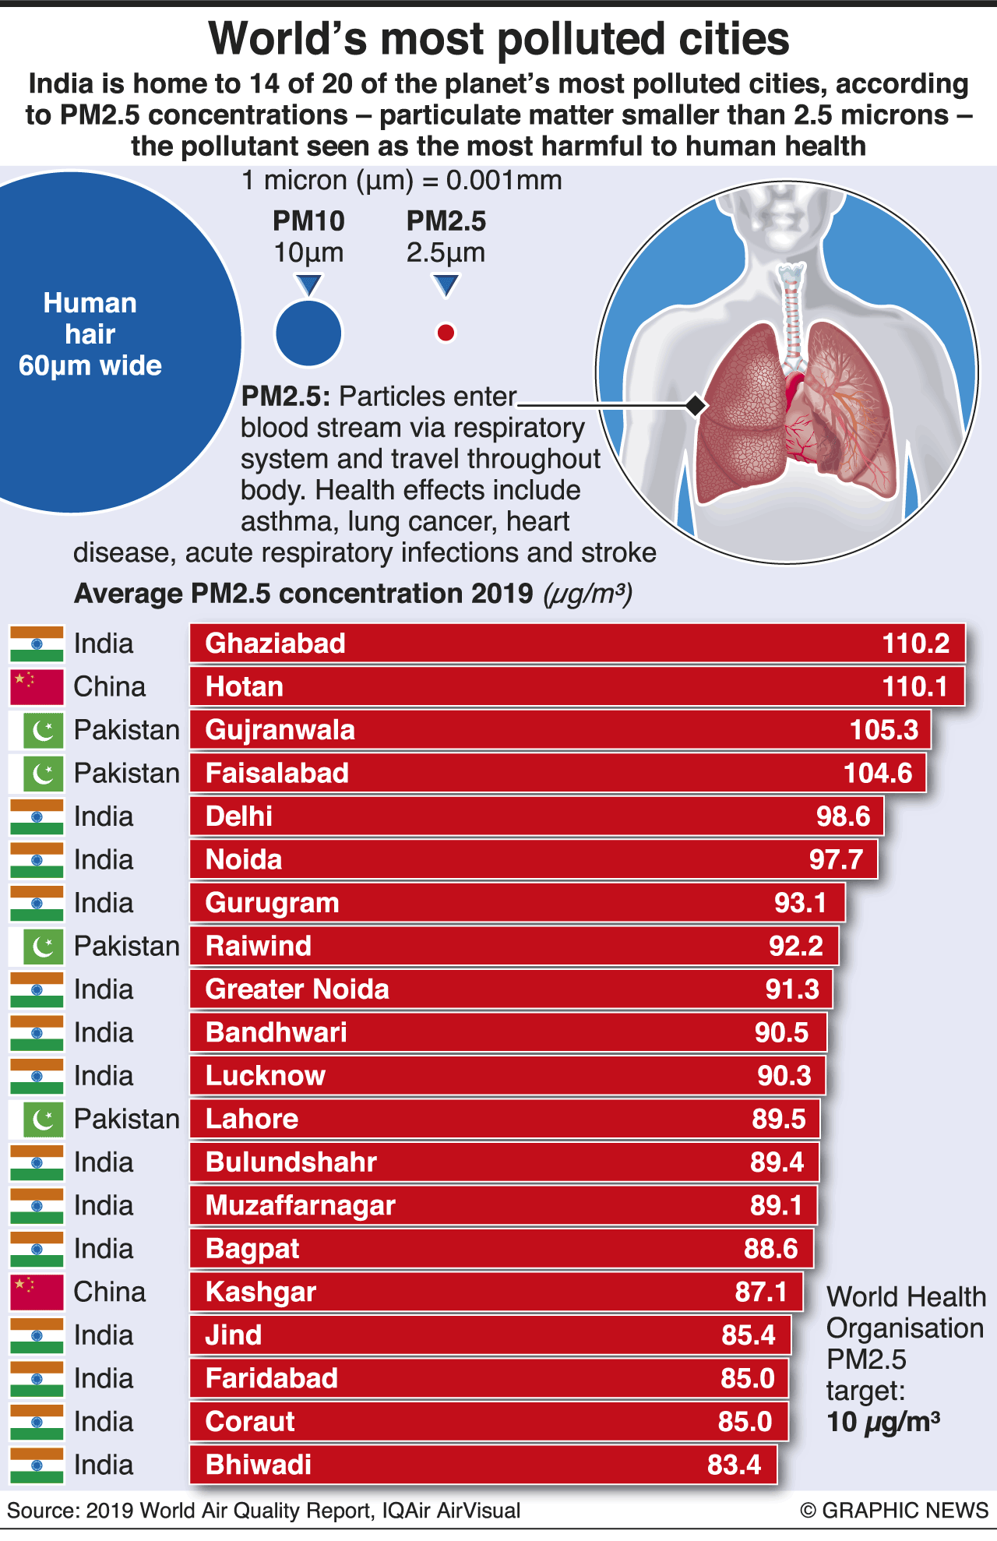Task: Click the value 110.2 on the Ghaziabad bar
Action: coord(915,644)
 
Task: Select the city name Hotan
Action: coord(244,687)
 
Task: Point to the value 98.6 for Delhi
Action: coord(843,816)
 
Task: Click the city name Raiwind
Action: coord(258,946)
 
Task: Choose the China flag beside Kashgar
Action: coord(36,1292)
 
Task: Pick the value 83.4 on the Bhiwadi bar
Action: coord(734,1465)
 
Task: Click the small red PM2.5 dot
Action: coord(446,333)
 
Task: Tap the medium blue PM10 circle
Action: coord(308,333)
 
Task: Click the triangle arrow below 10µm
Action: coord(309,284)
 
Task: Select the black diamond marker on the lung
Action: coord(696,405)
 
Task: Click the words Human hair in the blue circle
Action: coord(90,318)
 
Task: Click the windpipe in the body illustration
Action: coord(792,312)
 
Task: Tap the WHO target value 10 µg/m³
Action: coord(883,1422)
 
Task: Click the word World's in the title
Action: coord(287,39)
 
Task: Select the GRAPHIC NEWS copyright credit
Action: coord(894,1511)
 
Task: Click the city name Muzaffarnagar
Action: coord(300,1206)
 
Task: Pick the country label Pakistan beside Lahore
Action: coord(126,1120)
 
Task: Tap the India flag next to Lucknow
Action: coord(36,1076)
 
